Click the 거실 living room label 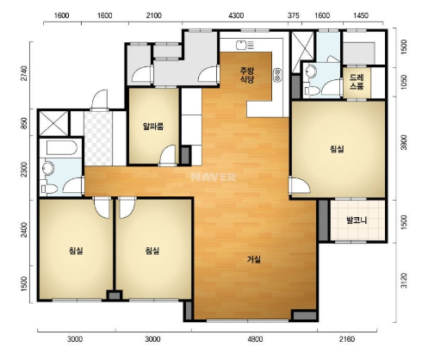pyautogui.click(x=254, y=259)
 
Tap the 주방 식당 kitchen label pyautogui.click(x=247, y=75)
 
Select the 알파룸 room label pyautogui.click(x=153, y=127)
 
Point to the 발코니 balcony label pyautogui.click(x=357, y=220)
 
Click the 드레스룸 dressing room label pyautogui.click(x=357, y=82)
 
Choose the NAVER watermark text pyautogui.click(x=214, y=177)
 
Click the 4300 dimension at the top pyautogui.click(x=236, y=16)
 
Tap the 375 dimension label pyautogui.click(x=294, y=16)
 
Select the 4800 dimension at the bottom pyautogui.click(x=255, y=339)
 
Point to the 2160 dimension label pyautogui.click(x=347, y=339)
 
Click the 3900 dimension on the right pyautogui.click(x=404, y=142)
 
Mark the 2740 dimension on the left pyautogui.click(x=24, y=74)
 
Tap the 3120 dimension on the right pyautogui.click(x=404, y=281)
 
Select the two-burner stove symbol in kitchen pyautogui.click(x=277, y=75)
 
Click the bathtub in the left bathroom pyautogui.click(x=61, y=147)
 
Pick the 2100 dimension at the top pyautogui.click(x=153, y=16)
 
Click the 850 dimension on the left pyautogui.click(x=24, y=123)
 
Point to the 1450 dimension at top pyautogui.click(x=361, y=16)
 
